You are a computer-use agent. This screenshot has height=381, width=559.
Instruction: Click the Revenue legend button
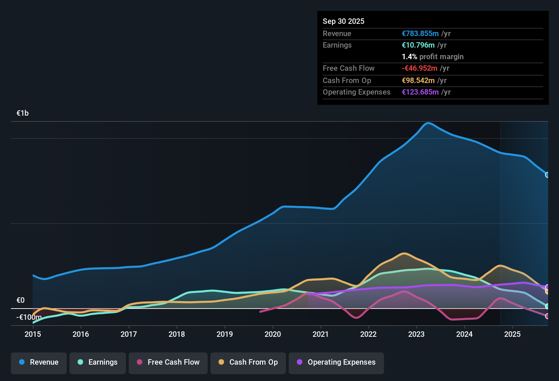[39, 362]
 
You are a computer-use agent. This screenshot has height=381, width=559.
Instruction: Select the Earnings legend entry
[98, 362]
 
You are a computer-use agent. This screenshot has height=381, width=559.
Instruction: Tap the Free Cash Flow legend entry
[168, 362]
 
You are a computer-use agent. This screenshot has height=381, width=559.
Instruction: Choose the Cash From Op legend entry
[248, 362]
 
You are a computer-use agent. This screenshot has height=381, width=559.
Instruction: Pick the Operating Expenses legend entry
[336, 362]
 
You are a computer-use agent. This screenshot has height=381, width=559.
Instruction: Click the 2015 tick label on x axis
[33, 334]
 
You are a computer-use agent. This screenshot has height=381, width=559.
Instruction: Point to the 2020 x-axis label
[273, 334]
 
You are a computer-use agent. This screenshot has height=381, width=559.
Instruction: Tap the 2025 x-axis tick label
[512, 334]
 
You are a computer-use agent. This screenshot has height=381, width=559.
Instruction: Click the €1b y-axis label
[22, 113]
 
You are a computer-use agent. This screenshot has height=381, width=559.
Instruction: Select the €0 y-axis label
[20, 300]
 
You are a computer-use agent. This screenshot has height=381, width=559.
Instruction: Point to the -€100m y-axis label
[29, 317]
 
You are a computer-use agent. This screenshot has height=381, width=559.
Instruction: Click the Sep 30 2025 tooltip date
[343, 21]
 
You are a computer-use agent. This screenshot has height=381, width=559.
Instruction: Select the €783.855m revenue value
[420, 34]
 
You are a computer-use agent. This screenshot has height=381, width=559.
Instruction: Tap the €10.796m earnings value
[418, 45]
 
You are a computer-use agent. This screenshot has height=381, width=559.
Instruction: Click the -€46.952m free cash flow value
[419, 68]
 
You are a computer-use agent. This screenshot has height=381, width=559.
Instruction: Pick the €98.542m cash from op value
[418, 81]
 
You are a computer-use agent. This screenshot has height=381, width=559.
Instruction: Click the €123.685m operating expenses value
[420, 92]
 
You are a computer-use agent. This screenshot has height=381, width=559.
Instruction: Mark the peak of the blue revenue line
[428, 123]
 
